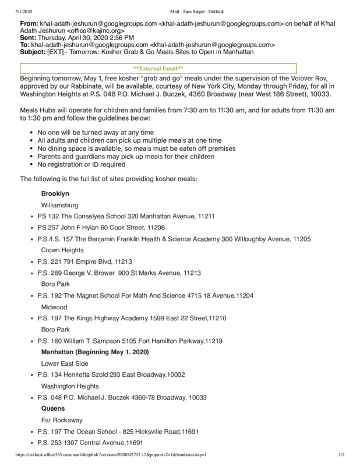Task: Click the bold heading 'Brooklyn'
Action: (x=55, y=193)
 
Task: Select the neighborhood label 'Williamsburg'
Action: (x=61, y=205)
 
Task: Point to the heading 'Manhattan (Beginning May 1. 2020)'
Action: (x=96, y=352)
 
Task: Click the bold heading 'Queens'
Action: (x=53, y=408)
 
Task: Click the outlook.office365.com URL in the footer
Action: (x=104, y=454)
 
